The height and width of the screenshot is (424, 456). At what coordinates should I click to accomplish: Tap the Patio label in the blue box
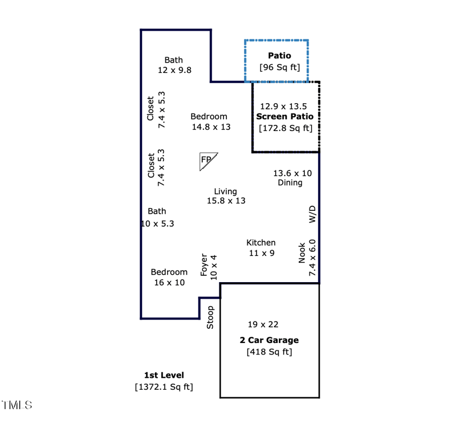pos(279,55)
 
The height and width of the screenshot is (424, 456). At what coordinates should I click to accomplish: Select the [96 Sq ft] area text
pos(279,67)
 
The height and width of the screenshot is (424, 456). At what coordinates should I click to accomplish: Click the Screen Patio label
pos(285,116)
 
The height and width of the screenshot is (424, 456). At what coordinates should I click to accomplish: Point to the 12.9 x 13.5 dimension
pos(283,106)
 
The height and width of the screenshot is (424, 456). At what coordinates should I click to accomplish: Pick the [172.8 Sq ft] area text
pos(286,128)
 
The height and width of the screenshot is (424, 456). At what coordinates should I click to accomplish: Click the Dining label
pos(290,183)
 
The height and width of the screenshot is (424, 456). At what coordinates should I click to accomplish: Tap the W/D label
pos(312,214)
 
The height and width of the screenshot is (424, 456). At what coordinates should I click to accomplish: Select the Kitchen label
pos(261,242)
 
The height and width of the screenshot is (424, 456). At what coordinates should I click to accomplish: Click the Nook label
pos(302,254)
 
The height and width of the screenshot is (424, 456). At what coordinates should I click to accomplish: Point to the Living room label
pos(225,191)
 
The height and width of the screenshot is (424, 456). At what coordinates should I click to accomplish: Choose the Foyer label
pos(205,265)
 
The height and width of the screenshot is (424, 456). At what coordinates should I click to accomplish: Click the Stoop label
pos(210,317)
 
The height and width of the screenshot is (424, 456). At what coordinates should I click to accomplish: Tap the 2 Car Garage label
pos(269,340)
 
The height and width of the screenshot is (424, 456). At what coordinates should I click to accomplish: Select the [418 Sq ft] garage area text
pos(269,352)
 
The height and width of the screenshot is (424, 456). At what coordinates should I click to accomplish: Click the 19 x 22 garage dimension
pos(263,324)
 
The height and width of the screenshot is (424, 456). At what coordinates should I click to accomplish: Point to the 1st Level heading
pos(164,375)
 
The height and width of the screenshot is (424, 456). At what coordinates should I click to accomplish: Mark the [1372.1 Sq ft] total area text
pos(164,387)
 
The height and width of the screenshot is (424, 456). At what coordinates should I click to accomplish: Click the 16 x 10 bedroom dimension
pos(169,282)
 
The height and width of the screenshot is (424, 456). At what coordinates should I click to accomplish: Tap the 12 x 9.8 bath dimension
pos(174,70)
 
